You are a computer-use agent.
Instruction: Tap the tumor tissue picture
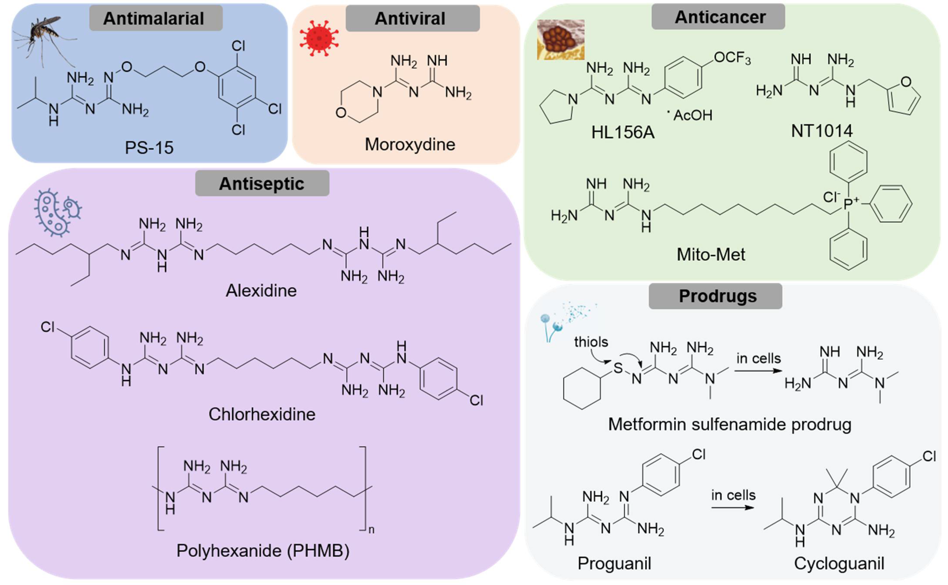(x=561, y=40)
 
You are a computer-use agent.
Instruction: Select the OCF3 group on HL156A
(x=732, y=58)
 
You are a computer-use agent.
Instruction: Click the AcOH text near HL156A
(x=692, y=115)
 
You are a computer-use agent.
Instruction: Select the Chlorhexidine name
(x=262, y=414)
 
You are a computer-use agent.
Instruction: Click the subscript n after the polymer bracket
(x=372, y=530)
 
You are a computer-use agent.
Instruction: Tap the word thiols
(x=591, y=342)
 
